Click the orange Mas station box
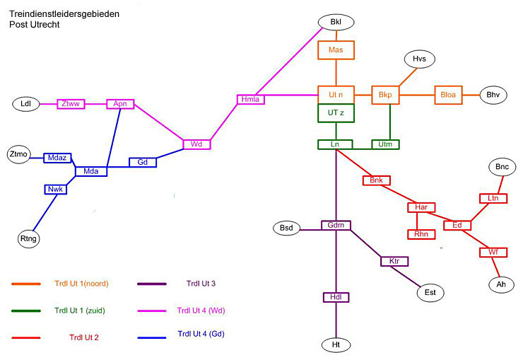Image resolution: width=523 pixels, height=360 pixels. coord(336,50)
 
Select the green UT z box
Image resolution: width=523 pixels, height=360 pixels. coord(336,112)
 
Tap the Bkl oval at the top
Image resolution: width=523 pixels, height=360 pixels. coord(336,23)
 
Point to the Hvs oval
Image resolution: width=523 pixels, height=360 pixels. coord(420,59)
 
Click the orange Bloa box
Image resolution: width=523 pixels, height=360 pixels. coord(448,95)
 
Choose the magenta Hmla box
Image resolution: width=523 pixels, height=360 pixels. coord(251,100)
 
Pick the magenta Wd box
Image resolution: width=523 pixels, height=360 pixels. coord(196,144)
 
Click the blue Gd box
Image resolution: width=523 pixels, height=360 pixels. coord(143,162)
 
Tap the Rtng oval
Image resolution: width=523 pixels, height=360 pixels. coord(29,238)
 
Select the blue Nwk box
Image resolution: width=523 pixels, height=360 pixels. coord(56,190)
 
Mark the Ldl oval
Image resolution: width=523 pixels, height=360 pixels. coord(26,104)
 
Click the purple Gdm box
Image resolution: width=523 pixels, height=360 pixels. coord(336,225)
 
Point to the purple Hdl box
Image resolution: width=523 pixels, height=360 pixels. coord(336,297)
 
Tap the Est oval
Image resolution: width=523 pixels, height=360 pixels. coord(430,293)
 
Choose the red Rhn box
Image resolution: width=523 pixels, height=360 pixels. coord(421,234)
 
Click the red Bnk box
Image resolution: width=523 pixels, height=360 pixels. coord(377,180)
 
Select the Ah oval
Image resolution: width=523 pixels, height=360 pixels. coord(501,284)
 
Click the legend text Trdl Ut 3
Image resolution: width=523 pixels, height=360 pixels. coord(201,284)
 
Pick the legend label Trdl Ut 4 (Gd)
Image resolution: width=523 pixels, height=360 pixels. coord(201,334)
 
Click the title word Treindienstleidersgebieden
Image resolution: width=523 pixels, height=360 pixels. coord(64,14)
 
